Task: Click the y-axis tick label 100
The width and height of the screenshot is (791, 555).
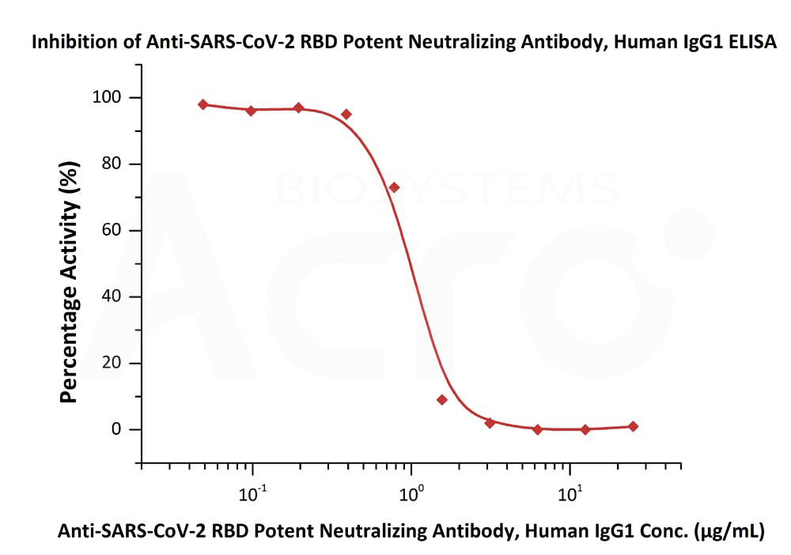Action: (x=107, y=96)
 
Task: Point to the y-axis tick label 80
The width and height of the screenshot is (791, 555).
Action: (x=112, y=164)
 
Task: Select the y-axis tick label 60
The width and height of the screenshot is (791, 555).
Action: (x=112, y=230)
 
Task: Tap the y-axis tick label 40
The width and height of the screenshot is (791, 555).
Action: (x=112, y=296)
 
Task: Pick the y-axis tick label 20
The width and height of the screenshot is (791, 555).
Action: (x=112, y=362)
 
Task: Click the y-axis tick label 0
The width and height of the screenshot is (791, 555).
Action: (x=116, y=429)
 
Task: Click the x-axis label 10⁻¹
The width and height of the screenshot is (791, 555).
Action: (x=253, y=494)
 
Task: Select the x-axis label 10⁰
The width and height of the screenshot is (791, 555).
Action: (x=411, y=494)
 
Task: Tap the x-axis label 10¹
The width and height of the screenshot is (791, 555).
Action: (x=570, y=494)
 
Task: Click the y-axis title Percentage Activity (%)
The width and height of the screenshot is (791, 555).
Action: (x=69, y=282)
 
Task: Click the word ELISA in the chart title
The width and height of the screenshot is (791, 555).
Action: (x=753, y=42)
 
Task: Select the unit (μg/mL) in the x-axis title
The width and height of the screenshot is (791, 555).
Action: (x=729, y=530)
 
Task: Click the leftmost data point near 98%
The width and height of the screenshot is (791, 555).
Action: (x=203, y=104)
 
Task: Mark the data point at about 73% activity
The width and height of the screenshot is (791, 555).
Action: (x=394, y=187)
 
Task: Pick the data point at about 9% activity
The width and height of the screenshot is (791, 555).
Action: (x=442, y=400)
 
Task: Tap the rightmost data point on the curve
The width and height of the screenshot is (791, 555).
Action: (x=633, y=426)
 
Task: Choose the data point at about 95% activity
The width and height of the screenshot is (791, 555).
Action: (x=346, y=115)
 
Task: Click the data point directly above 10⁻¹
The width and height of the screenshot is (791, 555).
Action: (x=252, y=111)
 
